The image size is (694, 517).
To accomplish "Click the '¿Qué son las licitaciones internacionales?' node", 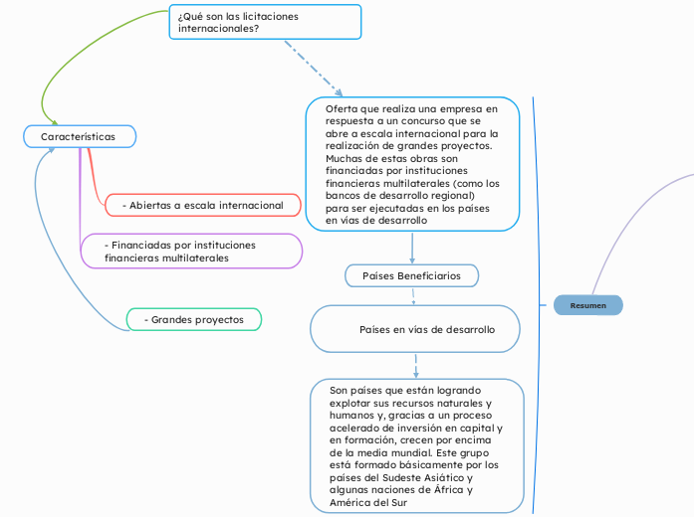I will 266,22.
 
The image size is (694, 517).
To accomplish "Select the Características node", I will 79,136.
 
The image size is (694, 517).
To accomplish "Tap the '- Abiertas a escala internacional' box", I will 202,205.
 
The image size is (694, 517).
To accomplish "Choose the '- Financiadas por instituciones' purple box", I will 192,251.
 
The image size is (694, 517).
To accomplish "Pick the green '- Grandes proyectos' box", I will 194,319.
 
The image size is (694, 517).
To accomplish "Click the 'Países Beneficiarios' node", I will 411,274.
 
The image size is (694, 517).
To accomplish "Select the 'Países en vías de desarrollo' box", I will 416,329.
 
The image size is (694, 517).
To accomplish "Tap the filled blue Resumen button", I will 587,305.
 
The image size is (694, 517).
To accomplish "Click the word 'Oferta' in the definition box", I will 343,107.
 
